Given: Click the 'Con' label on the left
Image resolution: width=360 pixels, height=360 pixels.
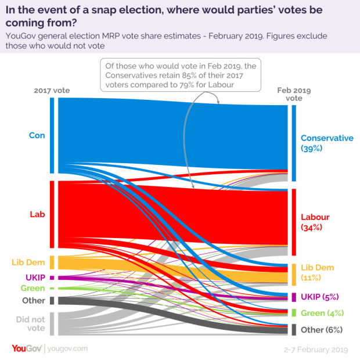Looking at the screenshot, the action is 37,135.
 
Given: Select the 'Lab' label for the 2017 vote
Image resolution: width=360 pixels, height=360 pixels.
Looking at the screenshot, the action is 37,214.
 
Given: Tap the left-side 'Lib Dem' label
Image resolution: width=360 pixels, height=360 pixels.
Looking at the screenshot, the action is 28,262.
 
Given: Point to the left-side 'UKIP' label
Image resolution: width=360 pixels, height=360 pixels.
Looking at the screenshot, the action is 35,278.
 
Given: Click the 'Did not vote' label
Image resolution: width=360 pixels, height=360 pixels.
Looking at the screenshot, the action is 31,324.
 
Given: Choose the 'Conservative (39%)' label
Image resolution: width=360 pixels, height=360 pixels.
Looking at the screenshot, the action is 327,143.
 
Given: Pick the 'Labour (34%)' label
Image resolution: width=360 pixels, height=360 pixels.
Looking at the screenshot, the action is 315,222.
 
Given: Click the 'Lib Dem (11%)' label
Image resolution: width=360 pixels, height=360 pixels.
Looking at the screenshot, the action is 317,272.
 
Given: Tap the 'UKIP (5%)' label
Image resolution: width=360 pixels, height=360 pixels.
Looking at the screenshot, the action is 319,297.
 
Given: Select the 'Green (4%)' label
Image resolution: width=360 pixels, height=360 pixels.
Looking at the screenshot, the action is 322,313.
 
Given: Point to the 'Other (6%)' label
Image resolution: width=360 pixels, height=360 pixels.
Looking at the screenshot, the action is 322,330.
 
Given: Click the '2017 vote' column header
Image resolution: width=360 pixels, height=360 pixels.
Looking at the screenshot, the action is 52,91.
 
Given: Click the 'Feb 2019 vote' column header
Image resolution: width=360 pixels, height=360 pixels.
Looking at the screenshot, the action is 294,94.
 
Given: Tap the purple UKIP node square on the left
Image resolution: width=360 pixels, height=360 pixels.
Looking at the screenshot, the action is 52,278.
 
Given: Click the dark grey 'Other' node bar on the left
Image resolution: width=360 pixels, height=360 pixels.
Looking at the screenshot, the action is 52,301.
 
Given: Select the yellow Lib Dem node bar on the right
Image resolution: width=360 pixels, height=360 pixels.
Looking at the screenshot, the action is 294,275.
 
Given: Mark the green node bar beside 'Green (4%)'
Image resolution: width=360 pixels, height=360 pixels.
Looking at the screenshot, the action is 294,313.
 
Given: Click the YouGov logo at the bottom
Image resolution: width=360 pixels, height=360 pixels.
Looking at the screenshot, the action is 27,348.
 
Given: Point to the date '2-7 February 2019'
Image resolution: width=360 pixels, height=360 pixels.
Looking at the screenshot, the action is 316,350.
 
